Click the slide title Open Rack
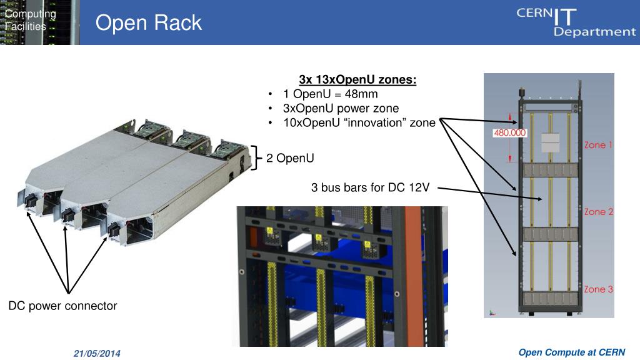click(149, 23)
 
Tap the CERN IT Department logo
click(575, 22)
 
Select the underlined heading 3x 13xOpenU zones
click(357, 80)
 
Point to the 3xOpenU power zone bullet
click(341, 108)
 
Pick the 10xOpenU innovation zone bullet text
click(359, 122)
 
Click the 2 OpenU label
click(290, 158)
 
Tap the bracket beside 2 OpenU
click(256, 157)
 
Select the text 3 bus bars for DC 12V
click(370, 187)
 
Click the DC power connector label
click(62, 306)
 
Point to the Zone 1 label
click(598, 145)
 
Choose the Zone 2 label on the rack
click(598, 212)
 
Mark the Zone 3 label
click(598, 289)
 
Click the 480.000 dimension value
click(510, 132)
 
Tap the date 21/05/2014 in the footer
click(97, 354)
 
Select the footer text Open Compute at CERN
click(571, 352)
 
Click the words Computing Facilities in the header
click(30, 20)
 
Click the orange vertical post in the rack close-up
click(411, 275)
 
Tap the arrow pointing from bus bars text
click(487, 193)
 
